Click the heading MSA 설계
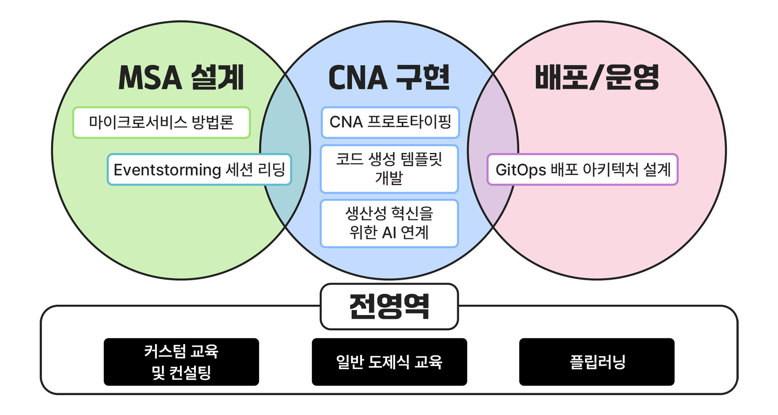click(x=181, y=77)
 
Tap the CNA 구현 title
click(x=389, y=77)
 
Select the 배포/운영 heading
click(x=596, y=77)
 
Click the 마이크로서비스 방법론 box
click(x=161, y=122)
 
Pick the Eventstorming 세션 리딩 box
click(x=199, y=169)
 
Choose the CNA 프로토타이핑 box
click(x=390, y=122)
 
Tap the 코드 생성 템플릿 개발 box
click(x=389, y=169)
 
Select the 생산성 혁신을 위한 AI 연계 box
click(x=389, y=223)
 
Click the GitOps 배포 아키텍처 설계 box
click(x=582, y=169)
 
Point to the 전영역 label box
click(x=389, y=306)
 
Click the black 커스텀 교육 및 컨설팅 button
click(x=181, y=362)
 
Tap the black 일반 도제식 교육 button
click(x=389, y=362)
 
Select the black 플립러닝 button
click(x=596, y=362)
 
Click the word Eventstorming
click(x=167, y=170)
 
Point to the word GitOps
click(x=521, y=170)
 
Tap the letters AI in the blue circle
click(x=389, y=233)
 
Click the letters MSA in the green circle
click(x=150, y=77)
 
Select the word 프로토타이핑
click(x=409, y=122)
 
